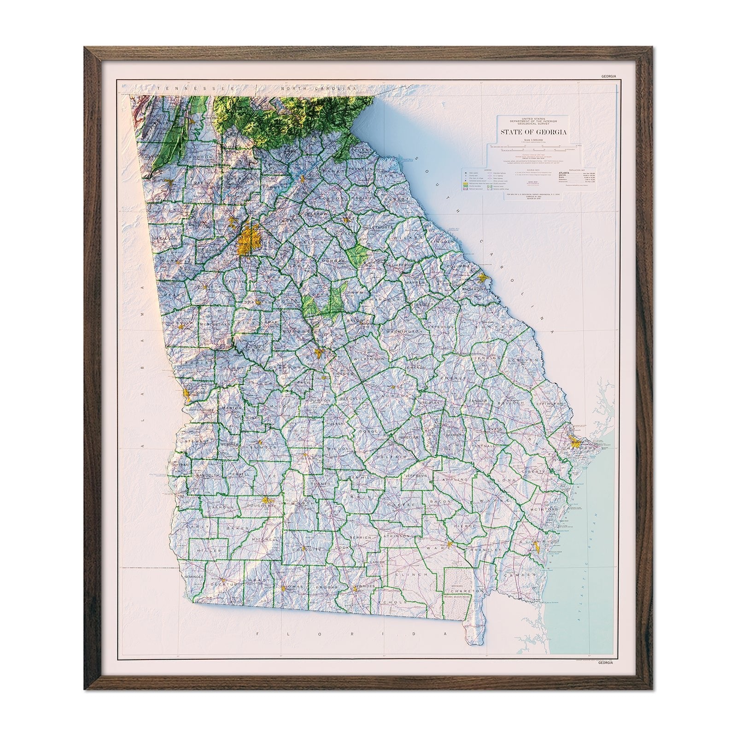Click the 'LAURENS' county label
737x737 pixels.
pos(395,395)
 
